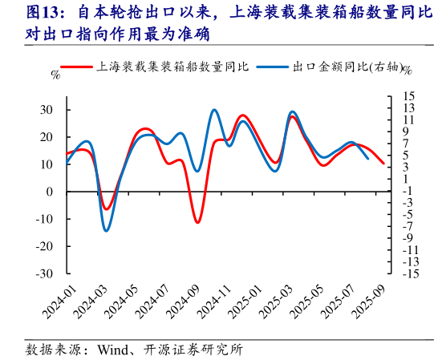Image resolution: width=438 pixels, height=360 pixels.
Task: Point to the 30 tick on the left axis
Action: pyautogui.click(x=47, y=110)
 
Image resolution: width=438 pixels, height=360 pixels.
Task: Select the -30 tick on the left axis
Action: pyautogui.click(x=45, y=273)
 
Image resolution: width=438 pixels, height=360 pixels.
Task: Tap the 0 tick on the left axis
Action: pyautogui.click(x=50, y=192)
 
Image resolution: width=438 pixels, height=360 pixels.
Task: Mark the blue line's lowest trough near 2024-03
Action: pyautogui.click(x=106, y=231)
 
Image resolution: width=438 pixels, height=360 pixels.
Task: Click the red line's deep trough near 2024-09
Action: pyautogui.click(x=197, y=222)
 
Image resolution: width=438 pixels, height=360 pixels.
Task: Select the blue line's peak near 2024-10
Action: pyautogui.click(x=214, y=110)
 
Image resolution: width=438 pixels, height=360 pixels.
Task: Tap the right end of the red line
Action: pyautogui.click(x=383, y=164)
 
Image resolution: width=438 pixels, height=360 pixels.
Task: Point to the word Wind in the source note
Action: pyautogui.click(x=114, y=350)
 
